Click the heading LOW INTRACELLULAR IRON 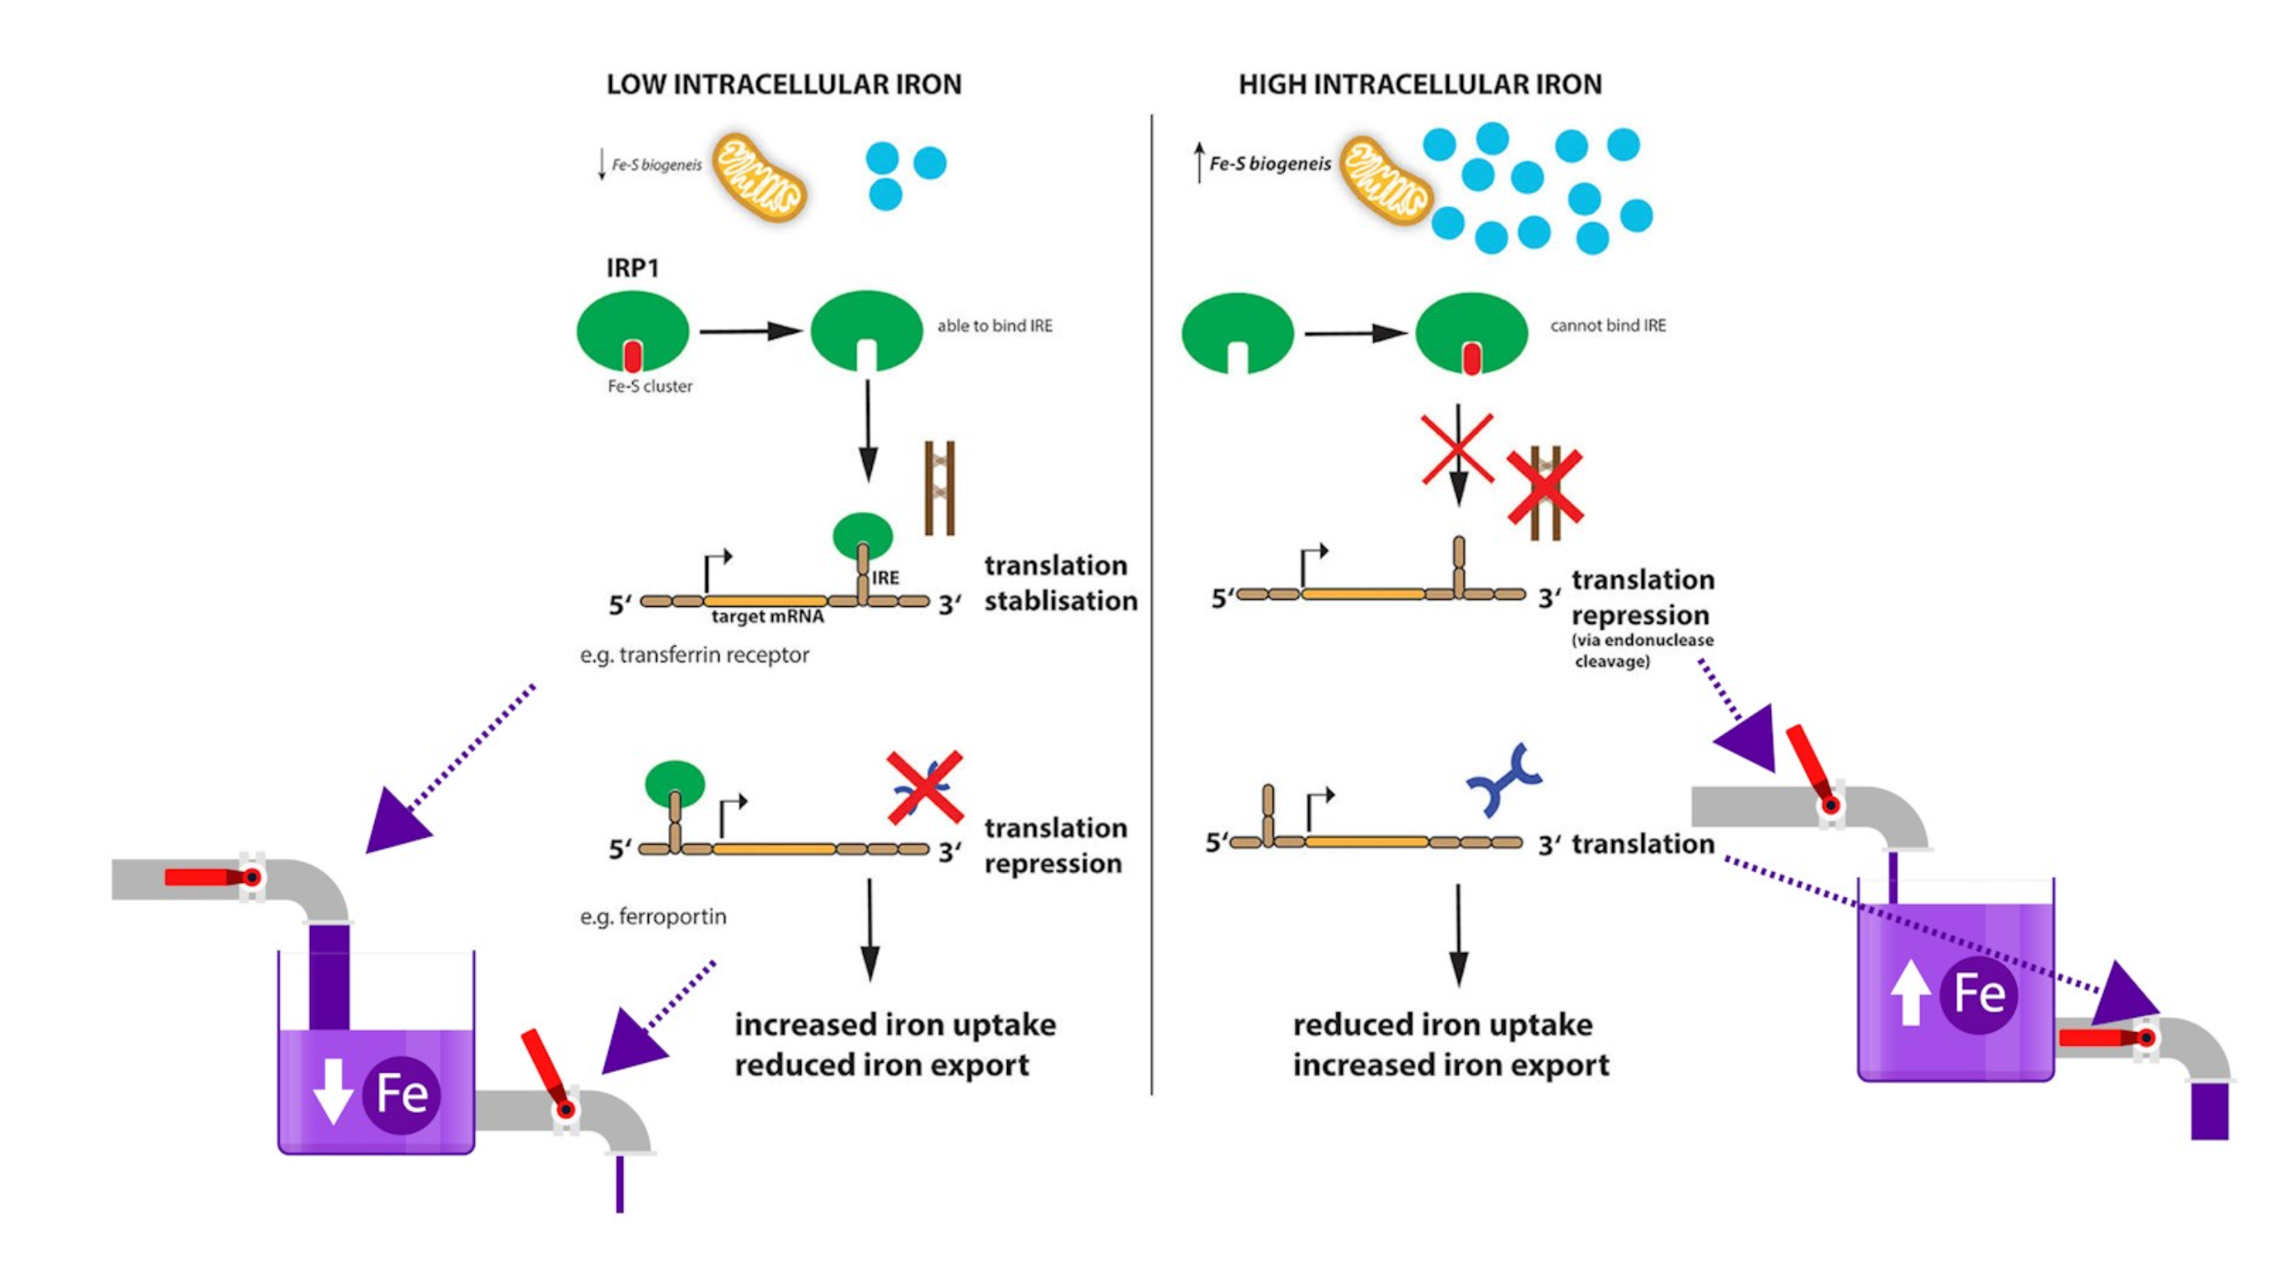(784, 84)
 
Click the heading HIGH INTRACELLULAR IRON (1420, 84)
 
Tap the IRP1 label (632, 268)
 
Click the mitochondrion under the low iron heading (760, 176)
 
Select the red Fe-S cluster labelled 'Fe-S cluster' (632, 356)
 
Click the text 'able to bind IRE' (994, 326)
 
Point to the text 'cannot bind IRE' (1608, 326)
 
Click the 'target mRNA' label (767, 617)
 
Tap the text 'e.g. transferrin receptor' (694, 655)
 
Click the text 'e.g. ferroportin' (654, 917)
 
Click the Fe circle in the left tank (401, 1094)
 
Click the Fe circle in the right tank (1979, 994)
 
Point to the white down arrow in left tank (332, 1092)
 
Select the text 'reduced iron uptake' (1442, 1025)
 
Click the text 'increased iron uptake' (895, 1025)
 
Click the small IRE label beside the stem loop (885, 578)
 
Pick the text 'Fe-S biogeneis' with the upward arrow (1270, 164)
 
